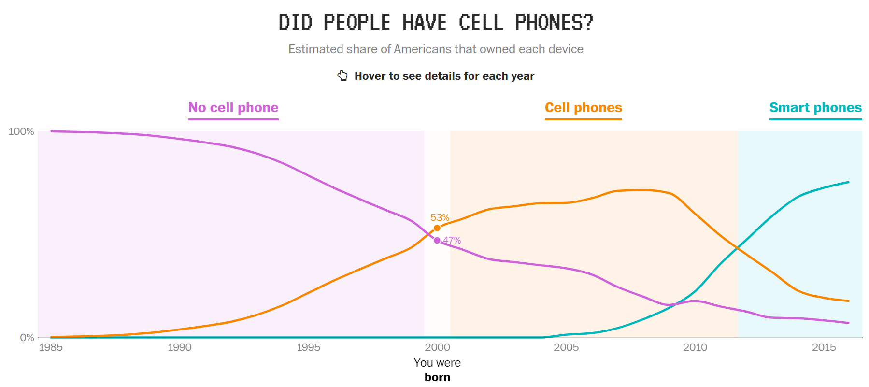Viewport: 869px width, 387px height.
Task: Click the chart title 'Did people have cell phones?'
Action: [x=436, y=23]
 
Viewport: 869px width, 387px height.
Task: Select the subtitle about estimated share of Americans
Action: [x=436, y=49]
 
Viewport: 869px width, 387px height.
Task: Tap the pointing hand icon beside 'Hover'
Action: [x=342, y=75]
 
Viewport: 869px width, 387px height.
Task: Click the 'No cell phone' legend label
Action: [x=233, y=108]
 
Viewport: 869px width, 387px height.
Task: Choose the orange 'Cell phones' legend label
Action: [x=583, y=108]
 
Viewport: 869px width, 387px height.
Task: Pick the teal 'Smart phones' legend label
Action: [x=815, y=108]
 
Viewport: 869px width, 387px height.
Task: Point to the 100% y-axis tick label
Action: [x=21, y=131]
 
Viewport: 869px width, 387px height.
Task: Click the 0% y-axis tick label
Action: [x=27, y=338]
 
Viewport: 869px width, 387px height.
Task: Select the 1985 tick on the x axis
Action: [x=51, y=347]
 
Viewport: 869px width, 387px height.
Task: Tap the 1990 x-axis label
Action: [x=180, y=347]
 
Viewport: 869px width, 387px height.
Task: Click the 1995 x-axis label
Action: [x=308, y=347]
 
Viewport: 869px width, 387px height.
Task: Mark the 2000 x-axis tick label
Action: [x=437, y=347]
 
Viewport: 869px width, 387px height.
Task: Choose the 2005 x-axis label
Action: [x=566, y=347]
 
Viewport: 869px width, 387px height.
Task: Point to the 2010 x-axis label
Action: [x=695, y=347]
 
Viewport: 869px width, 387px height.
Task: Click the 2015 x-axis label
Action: [x=824, y=347]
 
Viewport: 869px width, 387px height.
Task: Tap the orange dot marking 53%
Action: [x=437, y=228]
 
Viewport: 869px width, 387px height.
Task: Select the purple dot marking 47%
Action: [x=437, y=241]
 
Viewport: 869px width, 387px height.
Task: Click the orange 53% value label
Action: [x=440, y=218]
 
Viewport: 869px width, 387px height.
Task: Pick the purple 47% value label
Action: [x=452, y=241]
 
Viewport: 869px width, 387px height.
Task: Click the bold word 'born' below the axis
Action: [x=437, y=377]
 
